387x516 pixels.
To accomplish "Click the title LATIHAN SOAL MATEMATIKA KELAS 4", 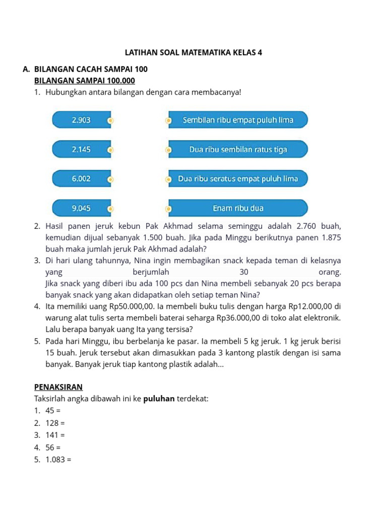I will (x=193, y=52).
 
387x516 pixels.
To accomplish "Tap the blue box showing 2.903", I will (x=81, y=120).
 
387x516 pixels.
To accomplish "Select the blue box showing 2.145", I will (x=81, y=149).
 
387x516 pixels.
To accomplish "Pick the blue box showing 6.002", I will (x=81, y=178).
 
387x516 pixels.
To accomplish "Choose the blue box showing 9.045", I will (x=81, y=208).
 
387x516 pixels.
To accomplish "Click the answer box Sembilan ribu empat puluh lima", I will (x=238, y=120).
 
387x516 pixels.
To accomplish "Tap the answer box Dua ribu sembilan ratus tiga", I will (x=238, y=149).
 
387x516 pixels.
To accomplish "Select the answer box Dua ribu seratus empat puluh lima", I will (x=238, y=178).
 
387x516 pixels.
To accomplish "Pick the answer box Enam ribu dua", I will (x=238, y=208).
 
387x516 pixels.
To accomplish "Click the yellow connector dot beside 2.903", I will (x=111, y=120).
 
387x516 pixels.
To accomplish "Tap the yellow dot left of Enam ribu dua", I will (x=169, y=208).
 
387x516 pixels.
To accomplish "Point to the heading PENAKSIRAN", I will (x=58, y=387).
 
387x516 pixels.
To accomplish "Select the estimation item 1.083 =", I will (x=58, y=460).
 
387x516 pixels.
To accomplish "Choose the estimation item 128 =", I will (x=55, y=423).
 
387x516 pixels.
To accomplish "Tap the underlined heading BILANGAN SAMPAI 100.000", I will (x=85, y=81).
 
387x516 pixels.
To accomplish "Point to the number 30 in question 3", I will (x=244, y=272).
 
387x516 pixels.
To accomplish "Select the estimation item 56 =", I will (x=53, y=447).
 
